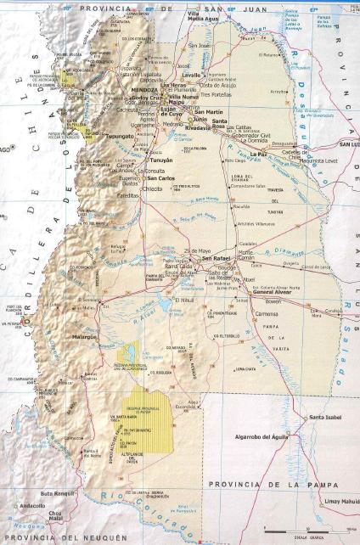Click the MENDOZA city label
tap(142, 89)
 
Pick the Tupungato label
tap(121, 135)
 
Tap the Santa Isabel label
tap(326, 417)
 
